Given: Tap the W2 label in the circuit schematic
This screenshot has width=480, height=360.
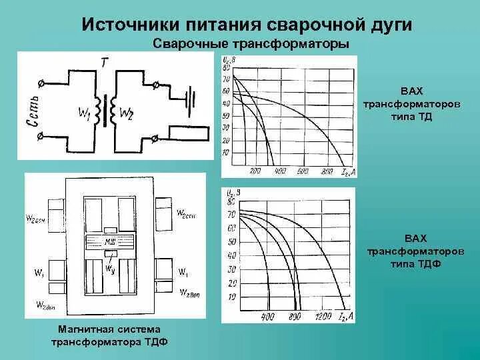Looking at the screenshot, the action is (127, 113).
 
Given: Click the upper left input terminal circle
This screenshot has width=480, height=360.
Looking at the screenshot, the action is (43, 83).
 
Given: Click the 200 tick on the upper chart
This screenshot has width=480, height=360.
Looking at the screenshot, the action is (254, 172).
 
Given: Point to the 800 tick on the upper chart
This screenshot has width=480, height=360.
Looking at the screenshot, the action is (326, 172).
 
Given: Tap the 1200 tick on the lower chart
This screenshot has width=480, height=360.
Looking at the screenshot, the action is (323, 315).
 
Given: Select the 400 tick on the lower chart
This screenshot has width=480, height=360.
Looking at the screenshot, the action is (268, 315).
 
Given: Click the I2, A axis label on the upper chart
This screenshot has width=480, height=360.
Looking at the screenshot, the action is (349, 172).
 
